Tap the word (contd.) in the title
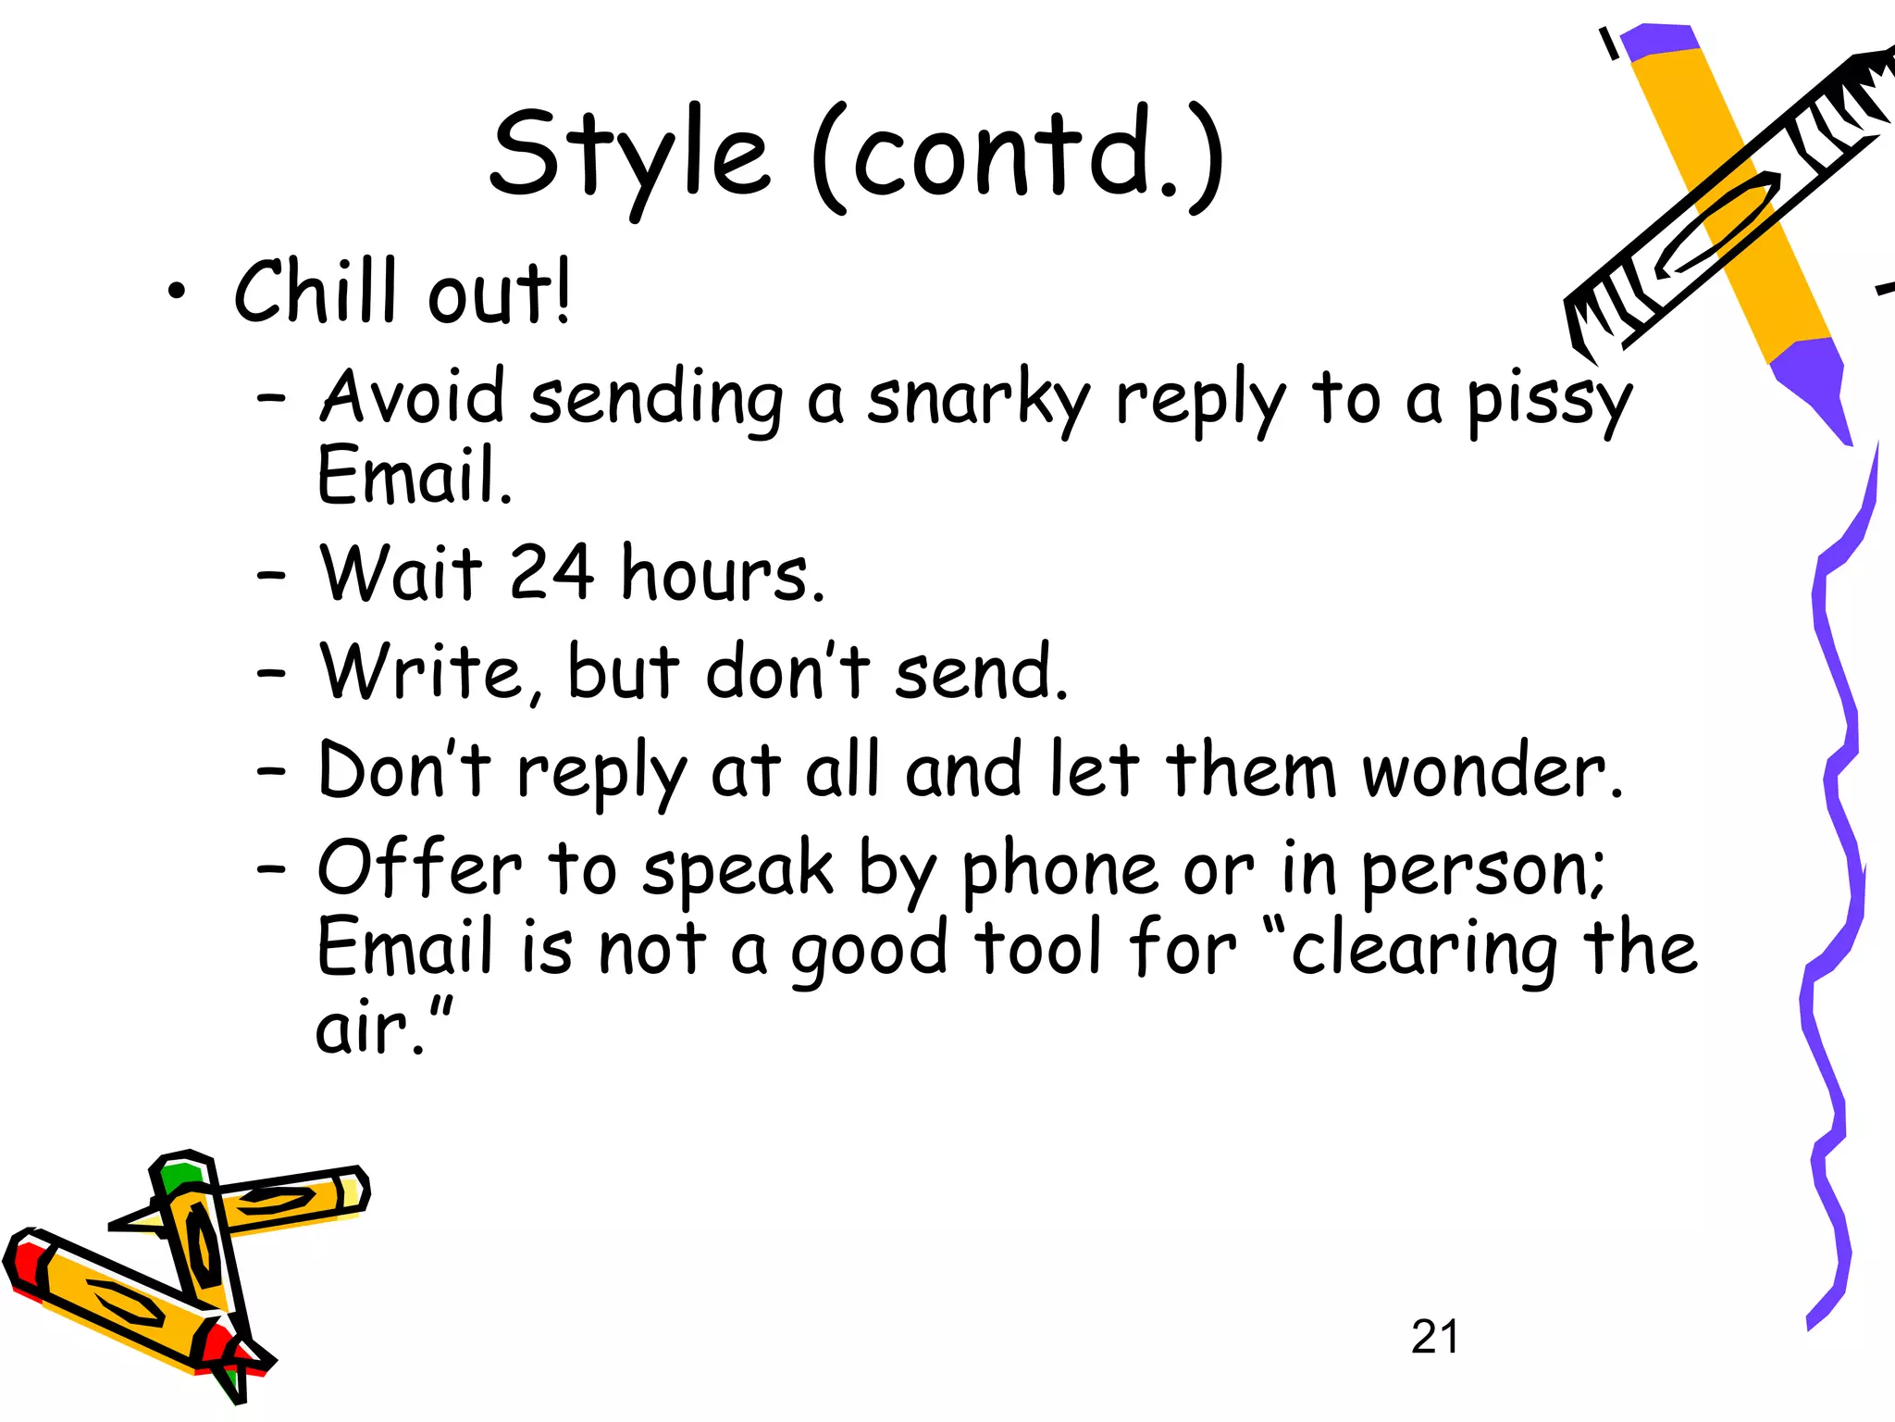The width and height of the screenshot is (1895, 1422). point(1018,157)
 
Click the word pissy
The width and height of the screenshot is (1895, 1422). point(1549,403)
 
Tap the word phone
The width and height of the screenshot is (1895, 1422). point(1059,872)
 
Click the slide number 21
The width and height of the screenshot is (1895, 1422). point(1434,1337)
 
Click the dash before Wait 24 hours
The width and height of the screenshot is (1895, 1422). point(271,576)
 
